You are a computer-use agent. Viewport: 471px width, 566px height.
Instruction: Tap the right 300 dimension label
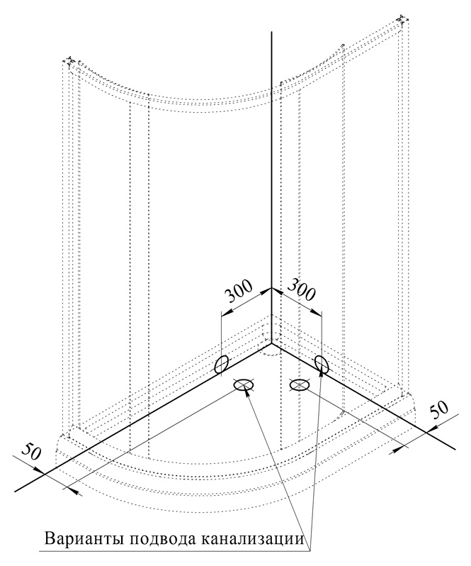point(302,289)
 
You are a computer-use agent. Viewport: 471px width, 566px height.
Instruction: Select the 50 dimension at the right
point(438,410)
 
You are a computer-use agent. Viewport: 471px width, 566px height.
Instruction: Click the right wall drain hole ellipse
point(321,364)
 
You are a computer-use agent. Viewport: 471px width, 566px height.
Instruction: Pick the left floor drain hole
point(244,385)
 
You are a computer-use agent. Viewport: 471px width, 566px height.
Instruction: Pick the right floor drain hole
point(300,385)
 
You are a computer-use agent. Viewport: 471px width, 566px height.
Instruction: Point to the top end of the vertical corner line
point(271,32)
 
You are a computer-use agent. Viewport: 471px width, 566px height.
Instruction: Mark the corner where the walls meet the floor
point(271,343)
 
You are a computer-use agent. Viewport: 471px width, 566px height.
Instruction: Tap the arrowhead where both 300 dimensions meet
point(271,289)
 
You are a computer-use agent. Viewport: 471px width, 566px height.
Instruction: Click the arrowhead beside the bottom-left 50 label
point(40,470)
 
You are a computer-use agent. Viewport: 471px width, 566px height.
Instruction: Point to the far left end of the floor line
point(16,491)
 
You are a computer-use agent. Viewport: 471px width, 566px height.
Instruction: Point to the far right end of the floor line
point(455,449)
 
